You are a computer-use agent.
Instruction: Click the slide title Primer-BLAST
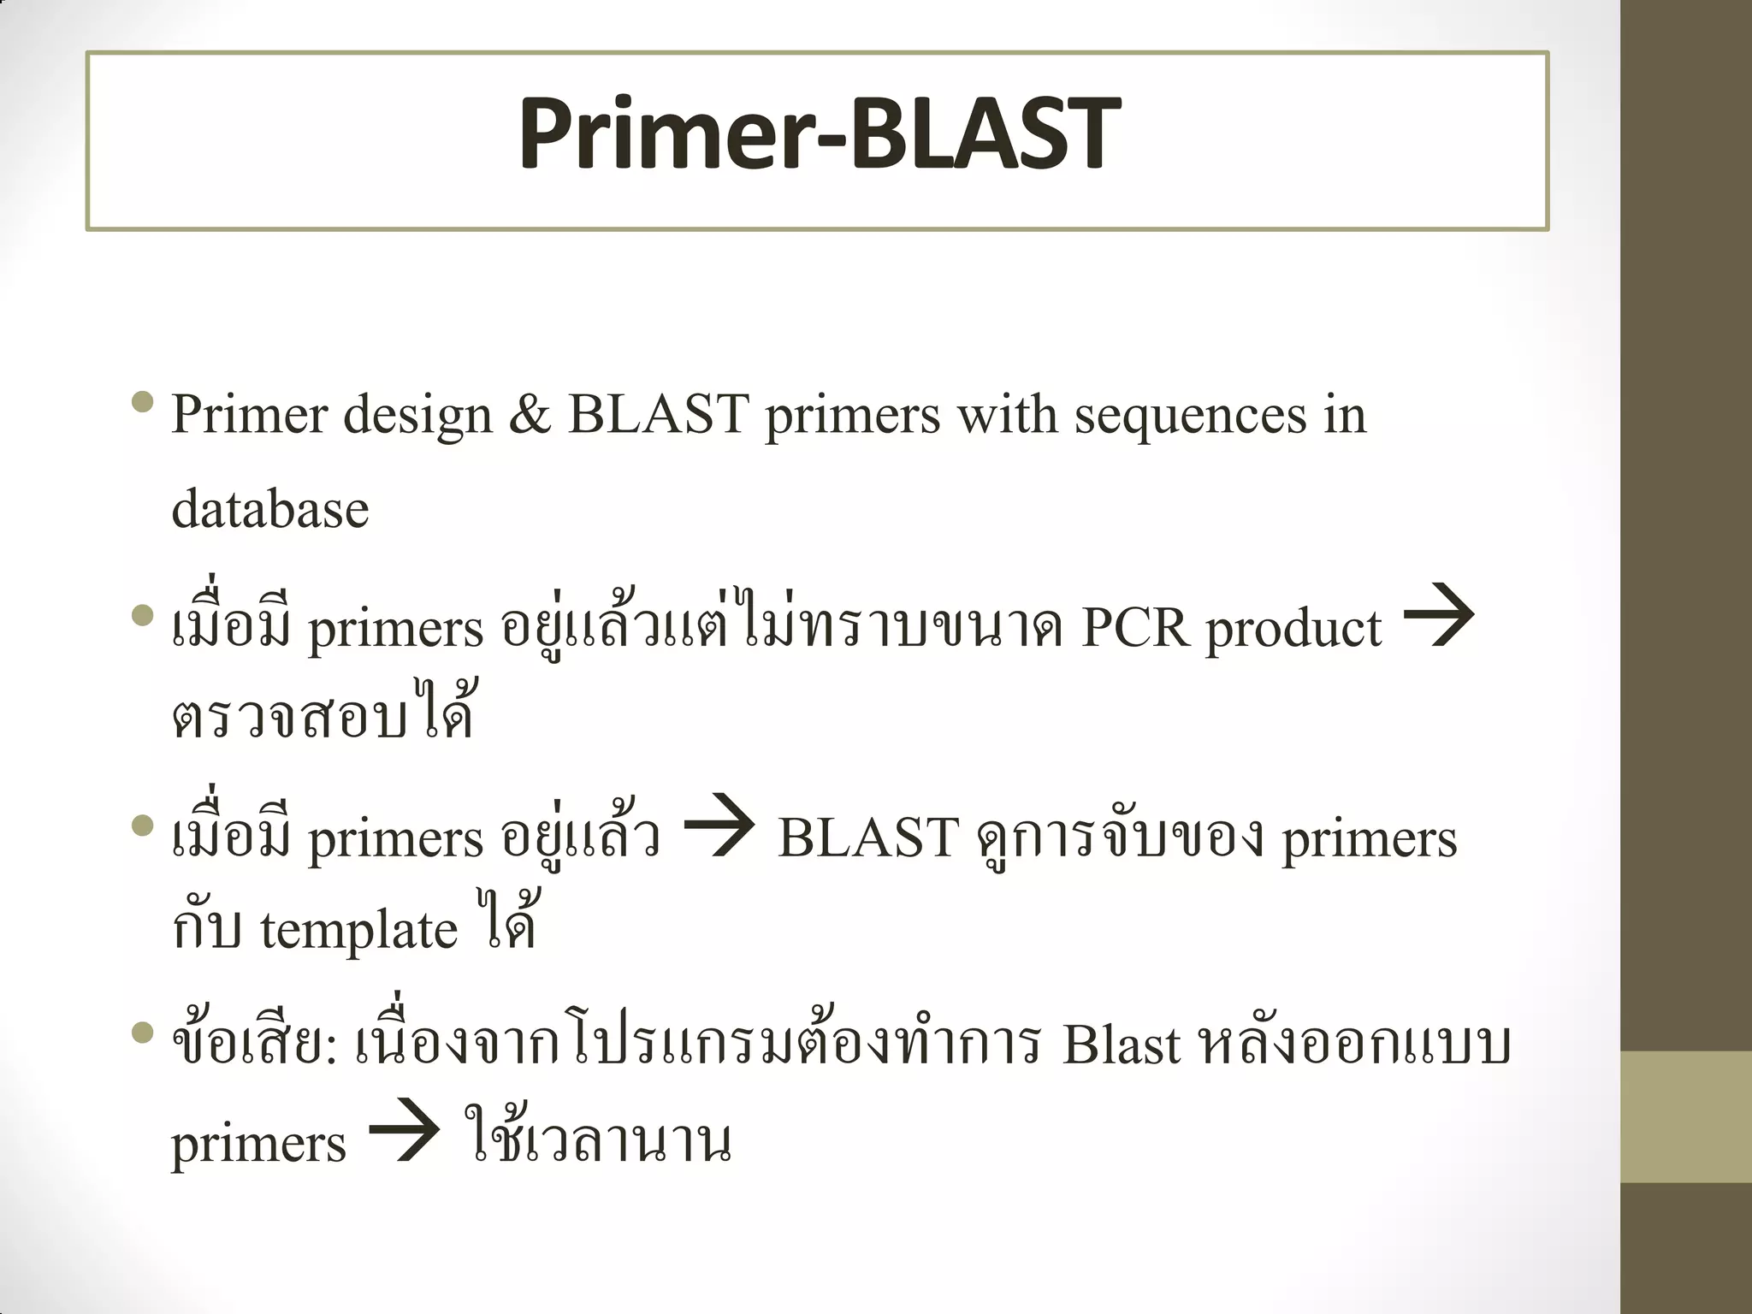pyautogui.click(x=819, y=134)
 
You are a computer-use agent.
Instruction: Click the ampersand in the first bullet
pyautogui.click(x=530, y=416)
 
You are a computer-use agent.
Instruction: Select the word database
pyautogui.click(x=270, y=510)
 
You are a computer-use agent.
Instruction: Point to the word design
pyautogui.click(x=417, y=416)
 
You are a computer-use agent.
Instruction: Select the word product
pyautogui.click(x=1293, y=631)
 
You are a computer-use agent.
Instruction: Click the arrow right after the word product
pyautogui.click(x=1440, y=616)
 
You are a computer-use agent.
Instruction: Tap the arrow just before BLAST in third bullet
pyautogui.click(x=719, y=826)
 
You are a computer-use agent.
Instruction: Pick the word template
pyautogui.click(x=358, y=931)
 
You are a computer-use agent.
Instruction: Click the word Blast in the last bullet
pyautogui.click(x=1121, y=1045)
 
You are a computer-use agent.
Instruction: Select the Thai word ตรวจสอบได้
pyautogui.click(x=323, y=713)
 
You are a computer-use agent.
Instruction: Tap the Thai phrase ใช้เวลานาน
pyautogui.click(x=599, y=1138)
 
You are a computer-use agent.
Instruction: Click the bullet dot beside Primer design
pyautogui.click(x=144, y=401)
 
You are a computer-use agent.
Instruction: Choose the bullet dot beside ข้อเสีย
pyautogui.click(x=144, y=1034)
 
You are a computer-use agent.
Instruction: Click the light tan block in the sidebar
pyautogui.click(x=1686, y=1116)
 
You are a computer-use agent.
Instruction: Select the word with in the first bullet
pyautogui.click(x=1007, y=416)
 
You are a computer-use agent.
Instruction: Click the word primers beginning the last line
pyautogui.click(x=258, y=1145)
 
